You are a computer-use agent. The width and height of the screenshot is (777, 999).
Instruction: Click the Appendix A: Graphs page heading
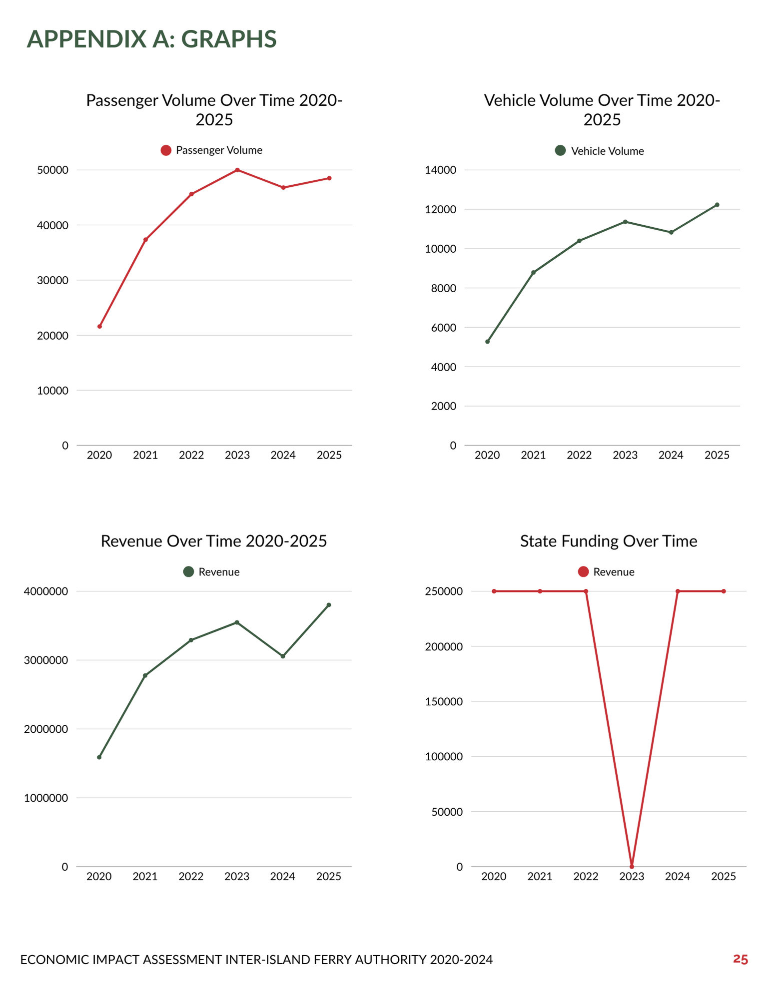(151, 39)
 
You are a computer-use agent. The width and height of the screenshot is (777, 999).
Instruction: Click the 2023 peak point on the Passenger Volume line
(237, 170)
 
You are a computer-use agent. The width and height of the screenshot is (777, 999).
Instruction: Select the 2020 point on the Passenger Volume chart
(99, 326)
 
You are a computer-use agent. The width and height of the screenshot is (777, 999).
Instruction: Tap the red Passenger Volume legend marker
(166, 150)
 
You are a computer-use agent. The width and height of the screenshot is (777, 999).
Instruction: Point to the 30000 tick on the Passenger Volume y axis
(52, 280)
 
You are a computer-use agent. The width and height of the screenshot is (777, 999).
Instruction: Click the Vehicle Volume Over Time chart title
(602, 110)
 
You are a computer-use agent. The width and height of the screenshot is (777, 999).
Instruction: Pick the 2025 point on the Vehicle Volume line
(717, 205)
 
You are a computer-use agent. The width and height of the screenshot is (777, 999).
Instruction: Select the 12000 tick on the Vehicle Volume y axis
(440, 209)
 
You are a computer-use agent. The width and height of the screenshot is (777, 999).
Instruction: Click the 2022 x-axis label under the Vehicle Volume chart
(579, 455)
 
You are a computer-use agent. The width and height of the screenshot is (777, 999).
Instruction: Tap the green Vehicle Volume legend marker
(560, 151)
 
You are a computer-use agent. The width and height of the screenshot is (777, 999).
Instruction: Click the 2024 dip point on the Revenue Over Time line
(283, 656)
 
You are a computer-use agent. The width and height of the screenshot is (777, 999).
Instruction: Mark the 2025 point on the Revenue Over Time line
(329, 605)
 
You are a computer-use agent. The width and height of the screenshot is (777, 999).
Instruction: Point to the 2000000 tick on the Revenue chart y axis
(46, 729)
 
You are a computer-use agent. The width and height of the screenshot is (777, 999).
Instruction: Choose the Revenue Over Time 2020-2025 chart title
(214, 541)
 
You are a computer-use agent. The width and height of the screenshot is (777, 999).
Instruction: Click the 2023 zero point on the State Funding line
(632, 866)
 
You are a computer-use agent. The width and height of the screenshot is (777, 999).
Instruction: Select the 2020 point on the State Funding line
(494, 591)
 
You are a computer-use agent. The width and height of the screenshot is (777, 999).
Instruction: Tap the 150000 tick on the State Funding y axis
(444, 701)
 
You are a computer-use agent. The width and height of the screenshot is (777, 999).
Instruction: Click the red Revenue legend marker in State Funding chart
(583, 572)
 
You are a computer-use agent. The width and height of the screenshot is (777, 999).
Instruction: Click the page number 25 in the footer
(740, 959)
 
